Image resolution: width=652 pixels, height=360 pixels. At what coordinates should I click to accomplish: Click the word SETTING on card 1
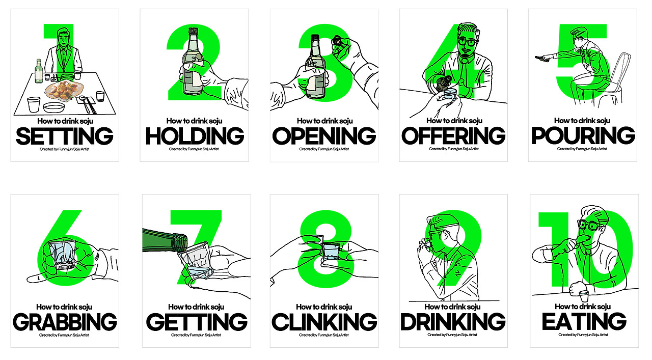(x=64, y=136)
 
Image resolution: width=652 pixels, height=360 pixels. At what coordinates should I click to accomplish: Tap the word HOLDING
(x=195, y=136)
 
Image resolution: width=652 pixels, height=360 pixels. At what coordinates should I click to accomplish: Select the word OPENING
(x=324, y=136)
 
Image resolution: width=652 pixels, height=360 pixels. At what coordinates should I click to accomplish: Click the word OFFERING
(x=453, y=135)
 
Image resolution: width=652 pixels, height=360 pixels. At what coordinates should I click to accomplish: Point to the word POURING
(x=583, y=135)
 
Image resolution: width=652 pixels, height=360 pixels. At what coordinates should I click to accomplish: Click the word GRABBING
(x=65, y=322)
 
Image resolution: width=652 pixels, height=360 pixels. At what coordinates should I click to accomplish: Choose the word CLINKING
(x=324, y=322)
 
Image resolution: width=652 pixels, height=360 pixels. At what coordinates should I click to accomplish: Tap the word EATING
(x=584, y=321)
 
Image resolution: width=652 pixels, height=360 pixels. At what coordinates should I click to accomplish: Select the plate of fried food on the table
(x=64, y=91)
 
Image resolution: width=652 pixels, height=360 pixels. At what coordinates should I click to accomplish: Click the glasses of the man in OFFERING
(x=468, y=42)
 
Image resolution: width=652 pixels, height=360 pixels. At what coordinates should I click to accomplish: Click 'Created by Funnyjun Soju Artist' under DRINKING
(x=452, y=335)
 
